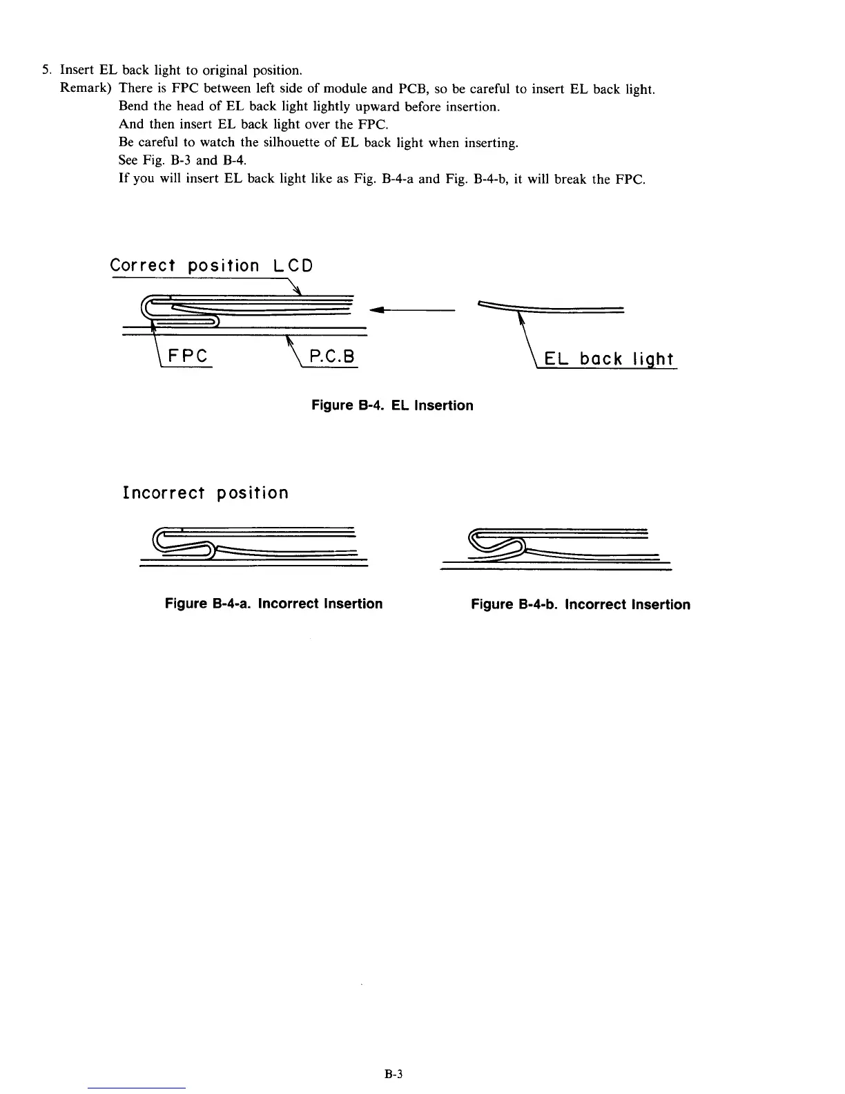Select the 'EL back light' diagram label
pos(608,359)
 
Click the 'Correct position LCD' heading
pos(211,265)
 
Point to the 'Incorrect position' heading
pos(205,493)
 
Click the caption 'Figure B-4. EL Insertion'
pos(392,405)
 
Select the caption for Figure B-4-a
pos(273,604)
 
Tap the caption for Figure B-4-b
pos(580,604)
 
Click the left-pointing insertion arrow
pos(411,310)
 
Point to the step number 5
pos(46,70)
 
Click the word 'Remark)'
pos(86,88)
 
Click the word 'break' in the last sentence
pos(572,180)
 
